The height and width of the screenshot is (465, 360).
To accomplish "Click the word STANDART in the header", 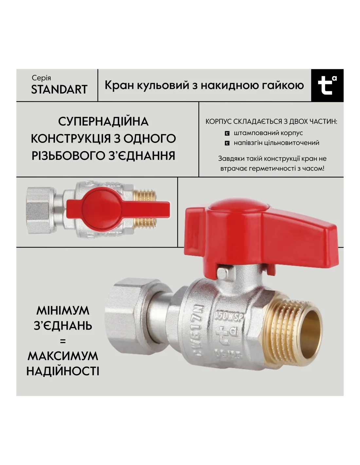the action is point(59,89).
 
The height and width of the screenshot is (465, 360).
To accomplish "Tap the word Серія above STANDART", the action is point(41,78).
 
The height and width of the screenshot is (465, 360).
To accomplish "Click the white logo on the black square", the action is point(327,85).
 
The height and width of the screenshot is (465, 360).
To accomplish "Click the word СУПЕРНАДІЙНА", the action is point(103,122).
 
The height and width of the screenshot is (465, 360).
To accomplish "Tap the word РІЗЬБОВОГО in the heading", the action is point(68,156).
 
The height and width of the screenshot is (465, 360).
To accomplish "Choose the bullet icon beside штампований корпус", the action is point(227,133).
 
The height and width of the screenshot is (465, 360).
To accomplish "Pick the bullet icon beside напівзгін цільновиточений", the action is point(227,143).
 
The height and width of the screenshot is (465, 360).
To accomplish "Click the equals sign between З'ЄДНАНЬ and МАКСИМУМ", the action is point(63,341).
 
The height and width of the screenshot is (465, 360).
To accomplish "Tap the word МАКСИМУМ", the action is point(63,356).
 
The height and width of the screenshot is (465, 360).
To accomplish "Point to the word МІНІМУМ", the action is point(63,310).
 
